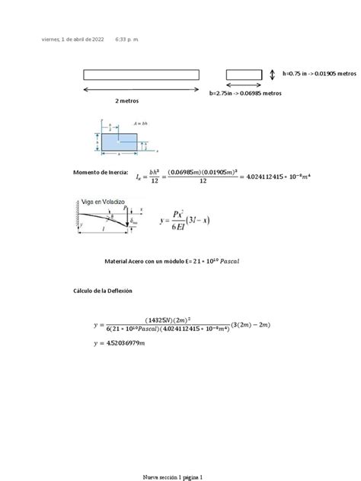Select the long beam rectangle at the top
coord(142,74)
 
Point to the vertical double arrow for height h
coord(273,74)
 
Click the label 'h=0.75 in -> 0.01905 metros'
coord(319,74)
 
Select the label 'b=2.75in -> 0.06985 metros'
coord(246,92)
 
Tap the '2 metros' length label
coord(127,100)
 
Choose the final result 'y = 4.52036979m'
coord(123,344)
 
